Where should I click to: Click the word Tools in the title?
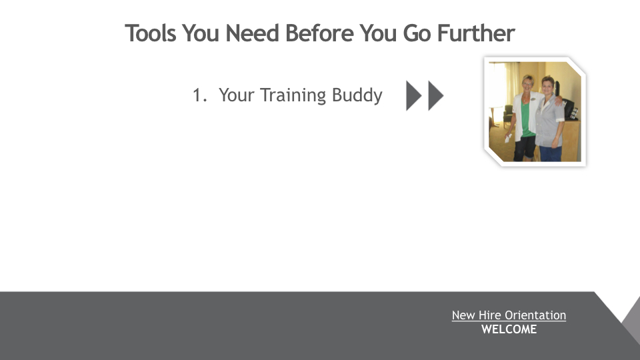pyautogui.click(x=151, y=33)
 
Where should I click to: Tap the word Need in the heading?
pyautogui.click(x=252, y=33)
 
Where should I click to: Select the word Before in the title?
pyautogui.click(x=319, y=33)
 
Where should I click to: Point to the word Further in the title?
pyautogui.click(x=476, y=33)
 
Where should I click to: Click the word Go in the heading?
pyautogui.click(x=417, y=33)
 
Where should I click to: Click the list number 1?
pyautogui.click(x=199, y=95)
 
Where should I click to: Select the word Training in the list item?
pyautogui.click(x=293, y=95)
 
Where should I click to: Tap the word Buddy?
pyautogui.click(x=357, y=96)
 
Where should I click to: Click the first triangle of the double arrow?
pyautogui.click(x=413, y=96)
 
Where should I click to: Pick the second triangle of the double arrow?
pyautogui.click(x=435, y=96)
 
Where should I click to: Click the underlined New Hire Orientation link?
pyautogui.click(x=509, y=315)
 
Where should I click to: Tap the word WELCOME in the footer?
pyautogui.click(x=509, y=329)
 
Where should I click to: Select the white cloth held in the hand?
pyautogui.click(x=508, y=139)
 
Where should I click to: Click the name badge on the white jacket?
pyautogui.click(x=533, y=99)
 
